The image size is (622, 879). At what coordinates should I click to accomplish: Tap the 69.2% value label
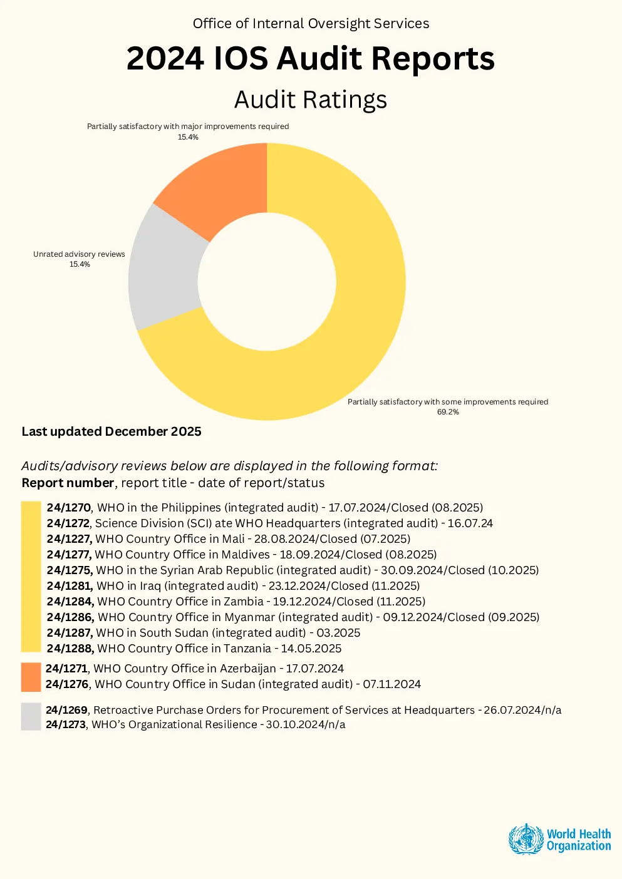448,412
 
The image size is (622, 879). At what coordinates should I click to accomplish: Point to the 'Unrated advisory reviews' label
79,254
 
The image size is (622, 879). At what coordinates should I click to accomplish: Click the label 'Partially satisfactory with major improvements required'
188,126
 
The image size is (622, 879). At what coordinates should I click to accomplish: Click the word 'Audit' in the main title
319,58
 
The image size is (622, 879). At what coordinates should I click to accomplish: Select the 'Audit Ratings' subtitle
311,100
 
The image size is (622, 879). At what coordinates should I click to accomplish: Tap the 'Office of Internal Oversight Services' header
311,24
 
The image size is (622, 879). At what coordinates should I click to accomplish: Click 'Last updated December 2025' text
111,431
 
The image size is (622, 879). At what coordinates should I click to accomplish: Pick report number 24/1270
69,507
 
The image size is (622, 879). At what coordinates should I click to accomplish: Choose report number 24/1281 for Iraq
70,586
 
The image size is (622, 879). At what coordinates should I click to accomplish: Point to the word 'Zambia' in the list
244,602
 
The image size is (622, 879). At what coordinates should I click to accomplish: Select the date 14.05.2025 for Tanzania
311,649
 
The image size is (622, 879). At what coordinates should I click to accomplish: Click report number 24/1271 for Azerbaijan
68,668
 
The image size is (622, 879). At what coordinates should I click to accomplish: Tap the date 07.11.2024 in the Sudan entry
392,684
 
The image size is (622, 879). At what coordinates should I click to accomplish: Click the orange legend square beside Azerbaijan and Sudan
31,677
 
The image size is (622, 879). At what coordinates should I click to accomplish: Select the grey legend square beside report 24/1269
31,717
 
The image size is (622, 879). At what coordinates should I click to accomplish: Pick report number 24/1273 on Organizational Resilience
66,724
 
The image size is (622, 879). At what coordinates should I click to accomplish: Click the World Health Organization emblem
526,840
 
